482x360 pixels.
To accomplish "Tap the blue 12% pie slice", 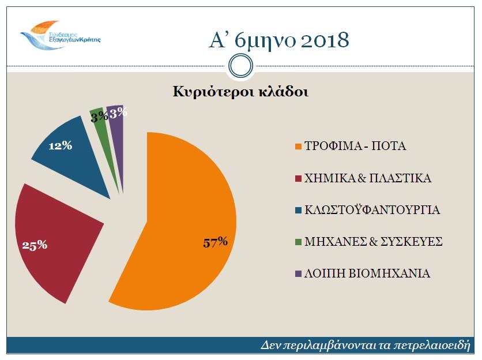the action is click(71, 154).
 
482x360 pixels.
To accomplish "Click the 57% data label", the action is click(215, 242).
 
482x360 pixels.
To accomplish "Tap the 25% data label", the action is click(35, 245).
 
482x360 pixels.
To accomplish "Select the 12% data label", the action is click(60, 145).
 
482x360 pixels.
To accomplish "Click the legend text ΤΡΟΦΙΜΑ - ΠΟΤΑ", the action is click(355, 146).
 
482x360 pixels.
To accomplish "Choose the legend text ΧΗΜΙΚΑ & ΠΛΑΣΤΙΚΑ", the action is click(368, 178).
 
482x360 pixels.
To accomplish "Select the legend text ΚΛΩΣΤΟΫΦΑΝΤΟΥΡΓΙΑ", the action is click(372, 210).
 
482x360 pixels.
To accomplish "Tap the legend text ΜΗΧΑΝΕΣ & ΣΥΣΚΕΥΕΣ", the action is click(373, 242).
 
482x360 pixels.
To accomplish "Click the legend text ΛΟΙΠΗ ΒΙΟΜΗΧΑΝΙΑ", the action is click(367, 273).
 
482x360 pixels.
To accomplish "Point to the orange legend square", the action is click(298, 147).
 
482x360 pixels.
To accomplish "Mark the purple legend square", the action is click(298, 273).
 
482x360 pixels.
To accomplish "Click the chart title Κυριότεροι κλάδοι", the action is click(240, 92).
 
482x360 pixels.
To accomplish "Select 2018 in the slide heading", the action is click(325, 40).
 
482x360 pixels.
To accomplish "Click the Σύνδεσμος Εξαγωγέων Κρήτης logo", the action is click(60, 35).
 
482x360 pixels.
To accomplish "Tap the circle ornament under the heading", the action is click(240, 66).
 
